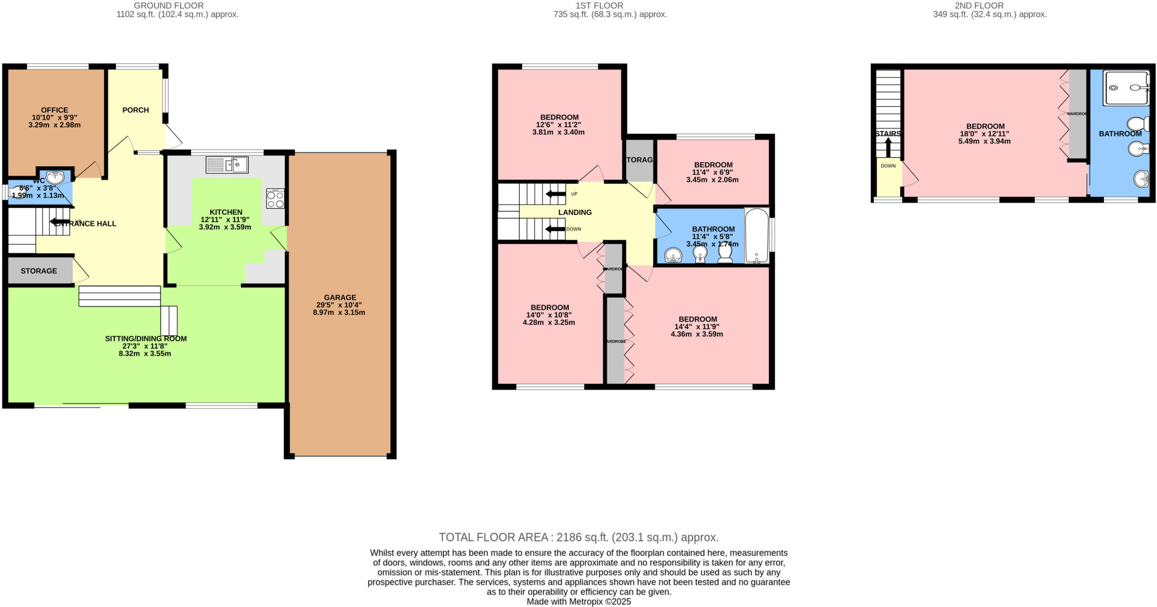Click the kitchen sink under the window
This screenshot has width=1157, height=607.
coord(227,164)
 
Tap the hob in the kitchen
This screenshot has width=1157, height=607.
coord(276,198)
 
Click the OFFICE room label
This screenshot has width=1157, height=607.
coord(54,110)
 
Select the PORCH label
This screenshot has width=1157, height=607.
coord(136,110)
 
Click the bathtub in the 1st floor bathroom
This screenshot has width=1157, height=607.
coord(756,236)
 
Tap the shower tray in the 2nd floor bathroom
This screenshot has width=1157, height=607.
coord(1126,88)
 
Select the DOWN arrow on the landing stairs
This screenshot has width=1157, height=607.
coord(555,229)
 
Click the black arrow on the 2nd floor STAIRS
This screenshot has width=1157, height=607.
coord(888,148)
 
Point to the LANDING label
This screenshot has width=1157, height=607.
coord(575,212)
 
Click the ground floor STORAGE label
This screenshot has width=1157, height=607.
coord(39,271)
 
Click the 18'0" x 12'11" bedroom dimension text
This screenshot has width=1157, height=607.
coord(984,134)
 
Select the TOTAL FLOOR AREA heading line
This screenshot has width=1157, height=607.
coord(578,537)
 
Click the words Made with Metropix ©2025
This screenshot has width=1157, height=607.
coord(578,602)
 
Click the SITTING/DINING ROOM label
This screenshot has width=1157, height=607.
coord(146,339)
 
